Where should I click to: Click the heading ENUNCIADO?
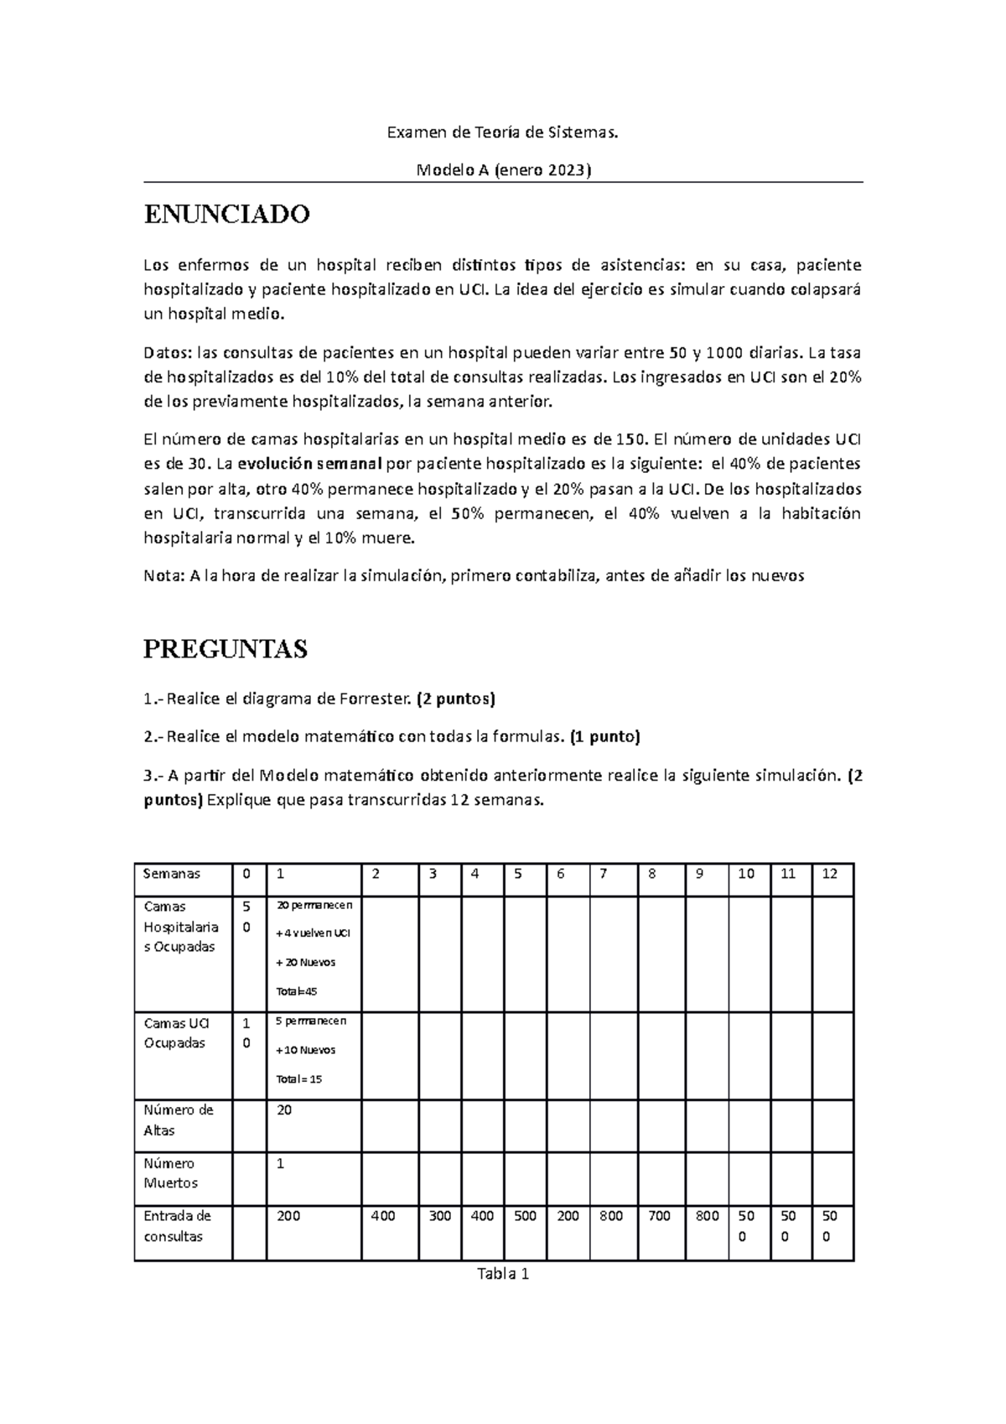pyautogui.click(x=226, y=215)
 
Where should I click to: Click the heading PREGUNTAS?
pyautogui.click(x=226, y=648)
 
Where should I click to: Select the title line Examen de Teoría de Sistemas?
pyautogui.click(x=502, y=132)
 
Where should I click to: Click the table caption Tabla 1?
pyautogui.click(x=502, y=1275)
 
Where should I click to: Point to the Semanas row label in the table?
pyautogui.click(x=172, y=874)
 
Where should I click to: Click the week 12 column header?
pyautogui.click(x=829, y=874)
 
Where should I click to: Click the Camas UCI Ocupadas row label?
pyautogui.click(x=176, y=1033)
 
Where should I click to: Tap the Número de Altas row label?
pyautogui.click(x=179, y=1120)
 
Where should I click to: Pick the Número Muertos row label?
pyautogui.click(x=171, y=1173)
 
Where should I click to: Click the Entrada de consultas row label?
pyautogui.click(x=177, y=1226)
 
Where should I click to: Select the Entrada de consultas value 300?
pyautogui.click(x=439, y=1216)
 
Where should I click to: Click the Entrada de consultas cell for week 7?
pyautogui.click(x=611, y=1216)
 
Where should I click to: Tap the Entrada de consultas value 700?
pyautogui.click(x=659, y=1216)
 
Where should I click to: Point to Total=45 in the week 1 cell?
pyautogui.click(x=297, y=991)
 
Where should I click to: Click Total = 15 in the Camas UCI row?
pyautogui.click(x=299, y=1079)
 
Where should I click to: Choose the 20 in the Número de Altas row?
pyautogui.click(x=284, y=1110)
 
